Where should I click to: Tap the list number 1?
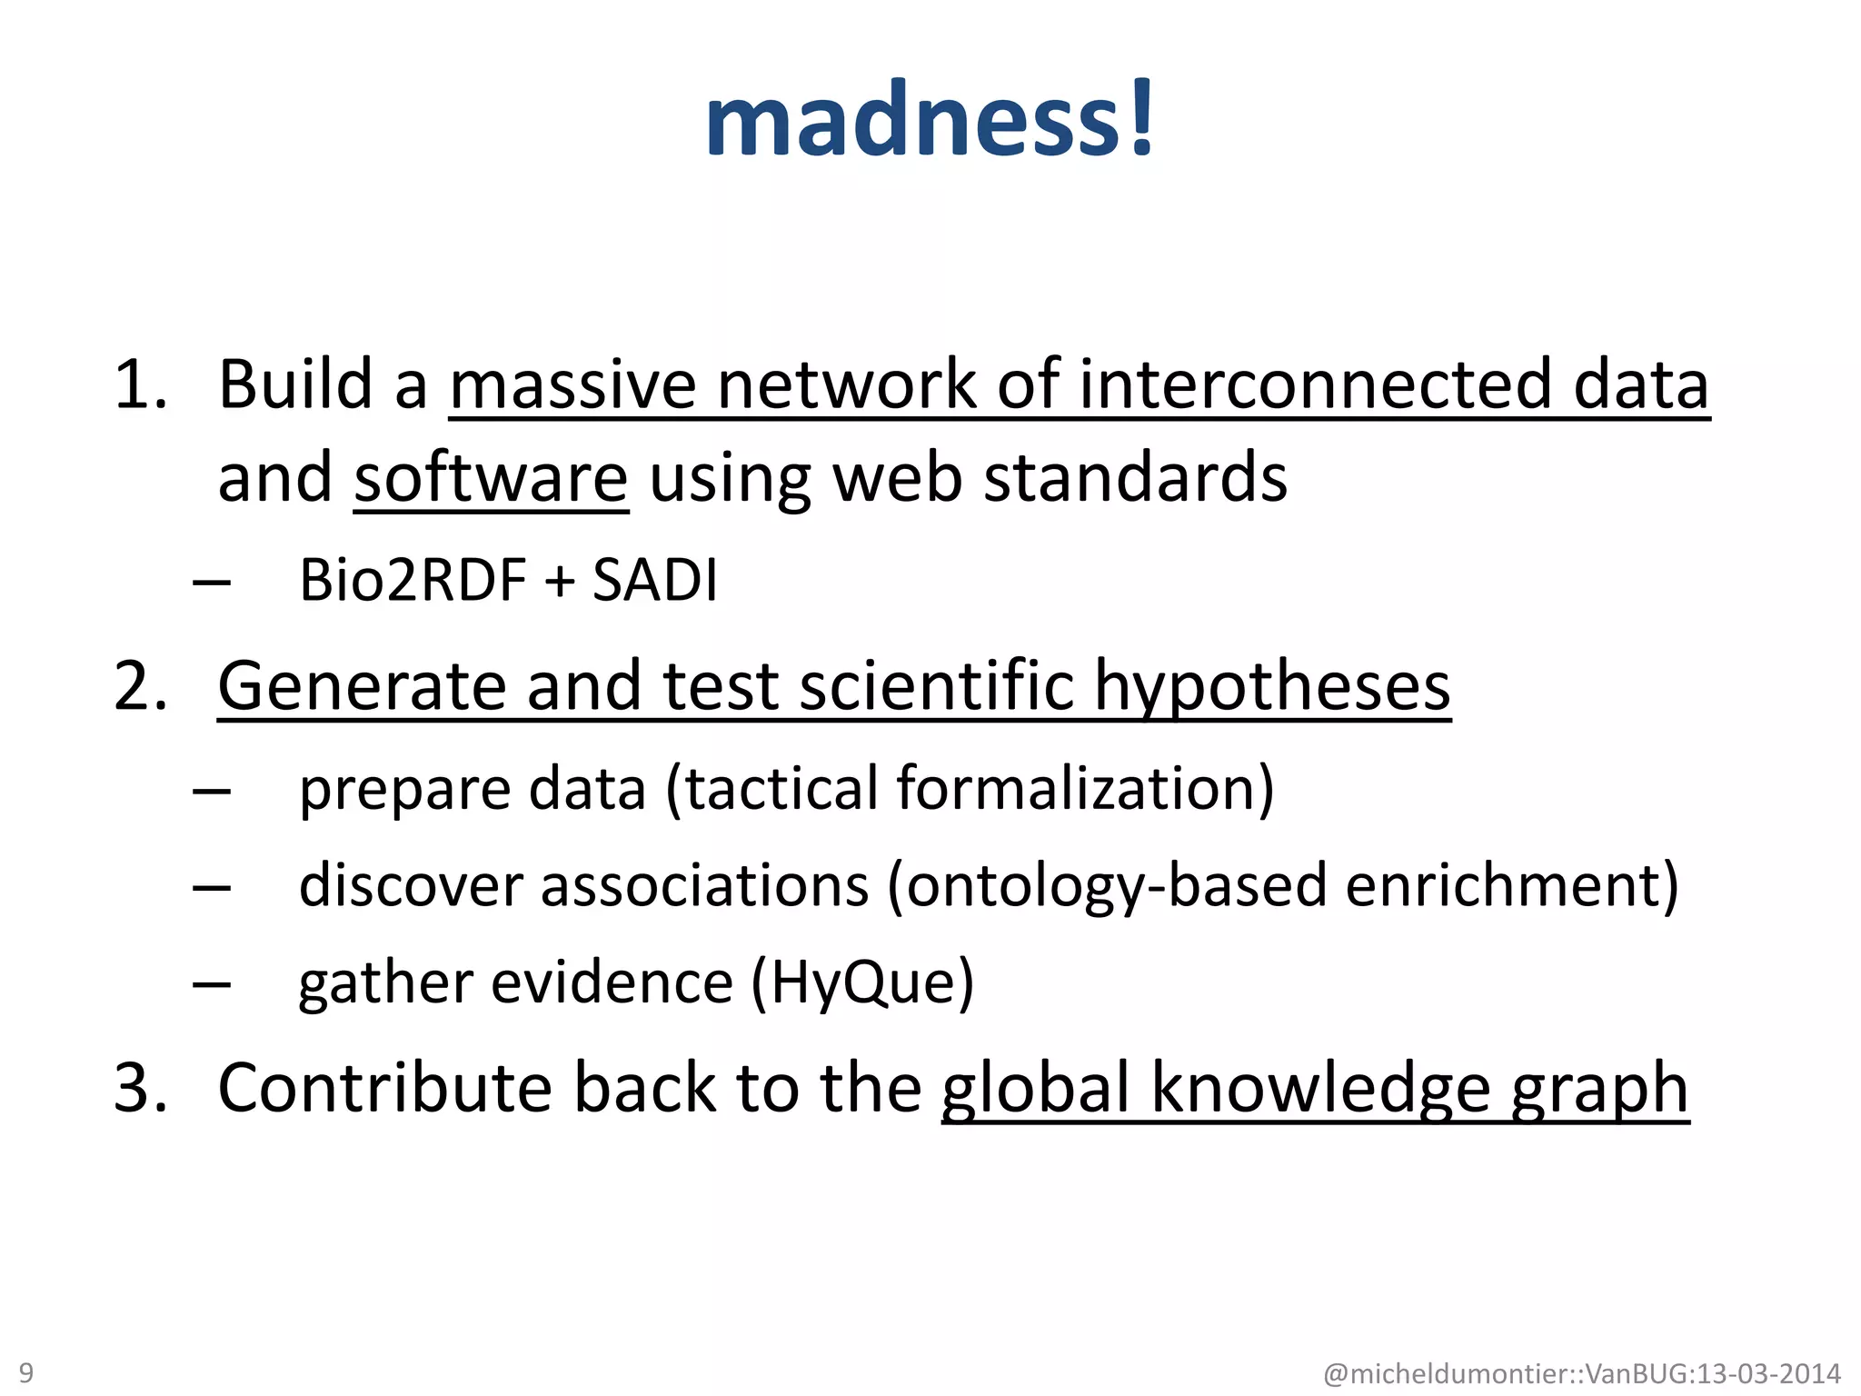tap(141, 385)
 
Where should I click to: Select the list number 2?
tap(141, 686)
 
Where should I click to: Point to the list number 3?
tap(141, 1088)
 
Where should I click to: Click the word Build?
tap(295, 385)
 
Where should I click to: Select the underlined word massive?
tap(572, 385)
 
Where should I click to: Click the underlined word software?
tap(491, 479)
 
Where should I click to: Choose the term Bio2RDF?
tap(413, 581)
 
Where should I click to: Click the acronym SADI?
tap(655, 581)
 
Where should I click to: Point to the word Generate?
tap(362, 686)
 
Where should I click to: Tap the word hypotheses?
tap(1272, 686)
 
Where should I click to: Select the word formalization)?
tap(1086, 789)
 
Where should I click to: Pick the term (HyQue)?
tap(862, 983)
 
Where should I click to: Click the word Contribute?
tap(385, 1088)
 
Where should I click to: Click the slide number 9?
tap(26, 1371)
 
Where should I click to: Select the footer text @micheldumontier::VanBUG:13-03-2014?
tap(1582, 1373)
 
